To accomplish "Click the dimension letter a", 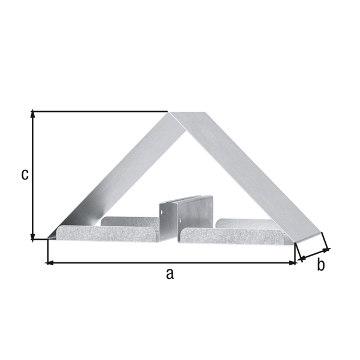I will [170, 274].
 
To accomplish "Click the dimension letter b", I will [321, 265].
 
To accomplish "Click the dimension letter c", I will [25, 174].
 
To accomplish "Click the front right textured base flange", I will [231, 237].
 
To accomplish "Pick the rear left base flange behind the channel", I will [129, 221].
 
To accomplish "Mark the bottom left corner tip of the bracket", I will [48, 239].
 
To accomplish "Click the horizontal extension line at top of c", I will [99, 111].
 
